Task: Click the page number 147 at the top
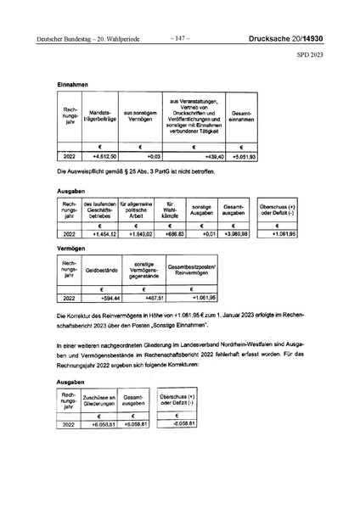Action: click(180, 38)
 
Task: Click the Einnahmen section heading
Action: click(73, 84)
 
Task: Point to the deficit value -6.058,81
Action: click(184, 422)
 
